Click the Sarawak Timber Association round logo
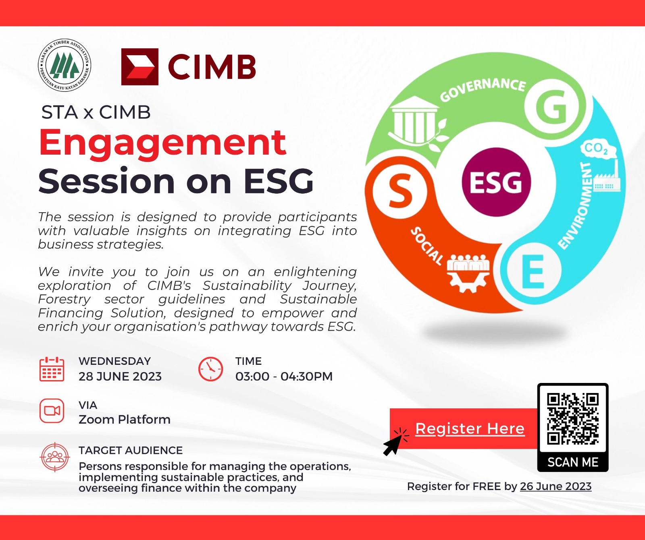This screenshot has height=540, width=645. coord(64,65)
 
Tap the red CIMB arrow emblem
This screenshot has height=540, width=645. coord(139,67)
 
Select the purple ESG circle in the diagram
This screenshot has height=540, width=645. coord(496,182)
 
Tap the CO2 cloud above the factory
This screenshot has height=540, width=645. coord(597,149)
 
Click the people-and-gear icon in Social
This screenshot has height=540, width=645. coord(468,272)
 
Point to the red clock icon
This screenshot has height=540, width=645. coord(210,368)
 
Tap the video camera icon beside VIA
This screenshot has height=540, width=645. coord(52,411)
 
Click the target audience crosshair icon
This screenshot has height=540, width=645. coord(55,457)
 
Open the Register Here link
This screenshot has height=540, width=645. coord(470,428)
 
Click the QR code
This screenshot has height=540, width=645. coord(573,419)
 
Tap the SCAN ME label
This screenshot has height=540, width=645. coord(573,462)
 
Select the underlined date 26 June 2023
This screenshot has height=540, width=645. coord(556,486)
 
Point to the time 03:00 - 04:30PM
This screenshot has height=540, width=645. coord(284,377)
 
